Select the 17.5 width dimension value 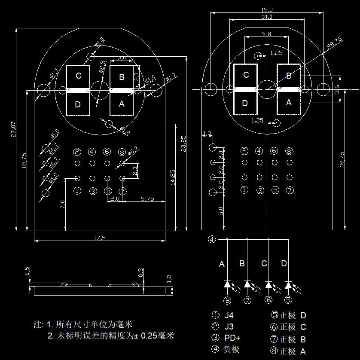(99, 238)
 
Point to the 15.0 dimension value (267, 10)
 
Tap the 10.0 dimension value (267, 17)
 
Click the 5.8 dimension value (266, 34)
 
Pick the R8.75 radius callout (334, 42)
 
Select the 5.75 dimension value (147, 198)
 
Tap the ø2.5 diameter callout (103, 69)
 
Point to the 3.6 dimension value (337, 89)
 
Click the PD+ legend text (232, 338)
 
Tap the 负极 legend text (232, 349)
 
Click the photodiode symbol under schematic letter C (269, 284)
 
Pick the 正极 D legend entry (293, 315)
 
